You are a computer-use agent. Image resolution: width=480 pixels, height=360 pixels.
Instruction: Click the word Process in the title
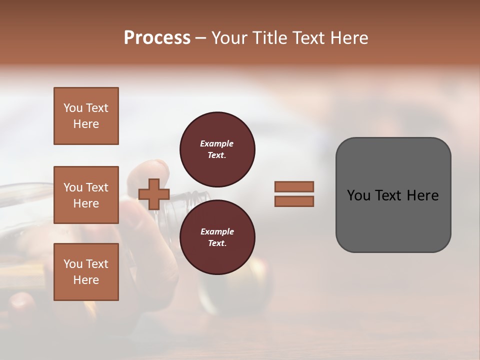click(157, 38)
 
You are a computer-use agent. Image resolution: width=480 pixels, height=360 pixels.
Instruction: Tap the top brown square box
click(86, 116)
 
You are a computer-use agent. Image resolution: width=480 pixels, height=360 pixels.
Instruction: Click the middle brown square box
click(86, 195)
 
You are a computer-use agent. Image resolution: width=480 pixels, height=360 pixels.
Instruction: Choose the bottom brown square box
click(86, 272)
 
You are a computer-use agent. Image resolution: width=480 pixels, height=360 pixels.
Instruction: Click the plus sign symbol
click(154, 194)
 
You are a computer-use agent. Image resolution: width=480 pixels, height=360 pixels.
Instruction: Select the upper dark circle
click(217, 149)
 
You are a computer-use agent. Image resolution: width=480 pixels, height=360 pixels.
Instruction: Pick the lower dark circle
click(217, 237)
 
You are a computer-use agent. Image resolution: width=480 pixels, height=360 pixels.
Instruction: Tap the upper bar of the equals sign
click(294, 186)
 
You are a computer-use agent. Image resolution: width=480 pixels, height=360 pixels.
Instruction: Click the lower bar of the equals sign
click(294, 201)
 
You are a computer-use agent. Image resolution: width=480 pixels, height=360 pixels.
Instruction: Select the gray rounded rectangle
click(393, 195)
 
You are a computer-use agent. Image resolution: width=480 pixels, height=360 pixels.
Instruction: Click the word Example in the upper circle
click(217, 143)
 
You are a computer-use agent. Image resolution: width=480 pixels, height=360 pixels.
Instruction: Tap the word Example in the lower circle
click(217, 231)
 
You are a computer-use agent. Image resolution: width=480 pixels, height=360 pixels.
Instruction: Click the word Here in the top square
click(86, 124)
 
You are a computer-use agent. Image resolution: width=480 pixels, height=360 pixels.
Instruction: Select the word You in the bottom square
click(73, 264)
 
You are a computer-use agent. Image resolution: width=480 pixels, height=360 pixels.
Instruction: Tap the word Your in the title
click(229, 38)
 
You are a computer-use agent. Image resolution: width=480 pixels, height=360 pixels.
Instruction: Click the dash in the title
click(201, 38)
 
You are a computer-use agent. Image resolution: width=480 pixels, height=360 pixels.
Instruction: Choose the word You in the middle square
click(73, 187)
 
